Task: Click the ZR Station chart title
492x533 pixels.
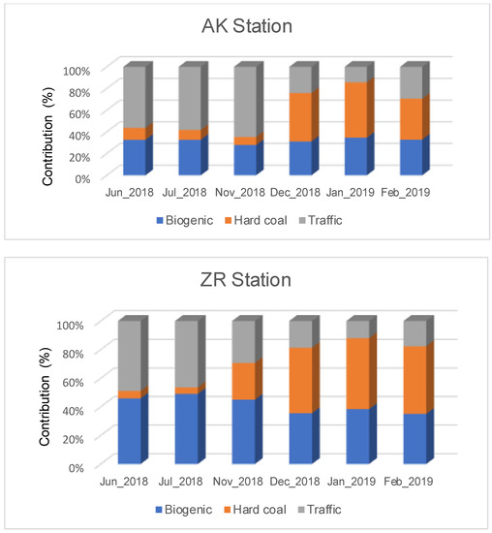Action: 247,282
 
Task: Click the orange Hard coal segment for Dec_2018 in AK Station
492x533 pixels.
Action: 300,117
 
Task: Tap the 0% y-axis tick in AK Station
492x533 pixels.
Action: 81,178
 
